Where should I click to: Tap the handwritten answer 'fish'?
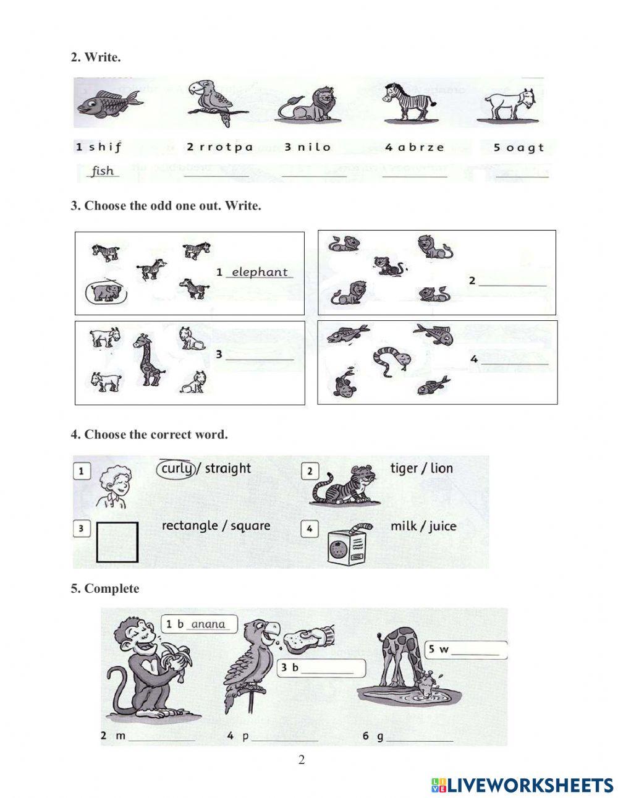(x=103, y=171)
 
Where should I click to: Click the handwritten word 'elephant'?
(x=260, y=272)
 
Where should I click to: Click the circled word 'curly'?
(x=176, y=468)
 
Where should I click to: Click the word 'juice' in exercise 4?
(x=442, y=526)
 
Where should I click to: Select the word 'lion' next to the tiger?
(x=441, y=468)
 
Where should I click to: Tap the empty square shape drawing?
(x=117, y=542)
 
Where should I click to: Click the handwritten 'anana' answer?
(x=208, y=624)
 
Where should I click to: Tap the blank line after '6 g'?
(x=420, y=737)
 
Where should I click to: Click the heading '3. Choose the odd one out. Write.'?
(x=166, y=206)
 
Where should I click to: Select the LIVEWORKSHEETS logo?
(x=522, y=785)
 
